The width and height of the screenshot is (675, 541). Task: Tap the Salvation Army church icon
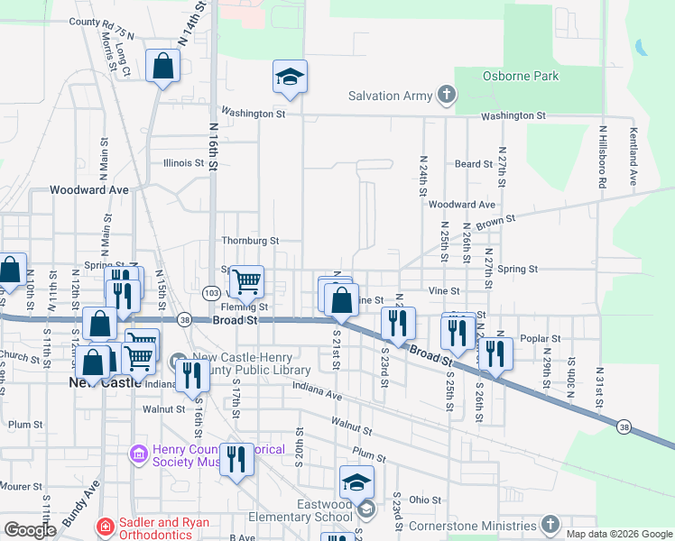(x=446, y=95)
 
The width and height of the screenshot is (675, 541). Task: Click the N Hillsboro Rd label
(x=602, y=157)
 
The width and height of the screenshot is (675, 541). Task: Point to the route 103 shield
(x=211, y=294)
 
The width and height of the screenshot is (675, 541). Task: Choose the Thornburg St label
(x=250, y=242)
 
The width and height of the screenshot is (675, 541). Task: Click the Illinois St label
(x=183, y=163)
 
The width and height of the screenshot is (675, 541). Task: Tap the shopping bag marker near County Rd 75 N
(x=162, y=66)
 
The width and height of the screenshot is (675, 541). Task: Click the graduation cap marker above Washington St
(x=291, y=77)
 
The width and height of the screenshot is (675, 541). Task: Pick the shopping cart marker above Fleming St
(x=245, y=281)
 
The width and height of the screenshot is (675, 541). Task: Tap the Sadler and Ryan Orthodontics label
(x=149, y=528)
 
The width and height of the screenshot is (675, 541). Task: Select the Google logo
(x=30, y=530)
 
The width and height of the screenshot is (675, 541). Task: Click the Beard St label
(x=473, y=164)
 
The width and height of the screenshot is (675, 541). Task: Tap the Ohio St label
(x=424, y=500)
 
